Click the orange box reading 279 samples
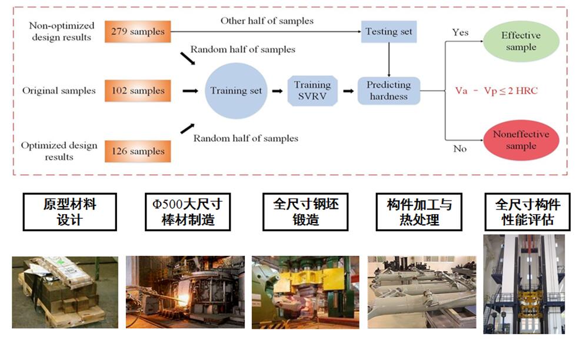tap(138, 31)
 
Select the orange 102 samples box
tap(138, 91)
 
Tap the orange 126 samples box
tap(138, 151)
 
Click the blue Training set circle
tap(236, 91)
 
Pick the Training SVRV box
tap(312, 91)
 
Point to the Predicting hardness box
tap(389, 91)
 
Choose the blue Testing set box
tap(389, 31)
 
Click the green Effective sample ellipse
tap(521, 41)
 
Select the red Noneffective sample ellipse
tap(521, 140)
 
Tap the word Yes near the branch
tap(460, 32)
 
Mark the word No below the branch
tap(460, 149)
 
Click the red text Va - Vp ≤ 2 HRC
tap(496, 91)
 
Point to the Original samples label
tap(59, 91)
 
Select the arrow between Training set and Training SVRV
tap(276, 91)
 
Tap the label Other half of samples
tap(267, 21)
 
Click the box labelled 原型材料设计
tap(69, 212)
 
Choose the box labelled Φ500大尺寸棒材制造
tap(187, 212)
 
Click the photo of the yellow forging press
tap(305, 292)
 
